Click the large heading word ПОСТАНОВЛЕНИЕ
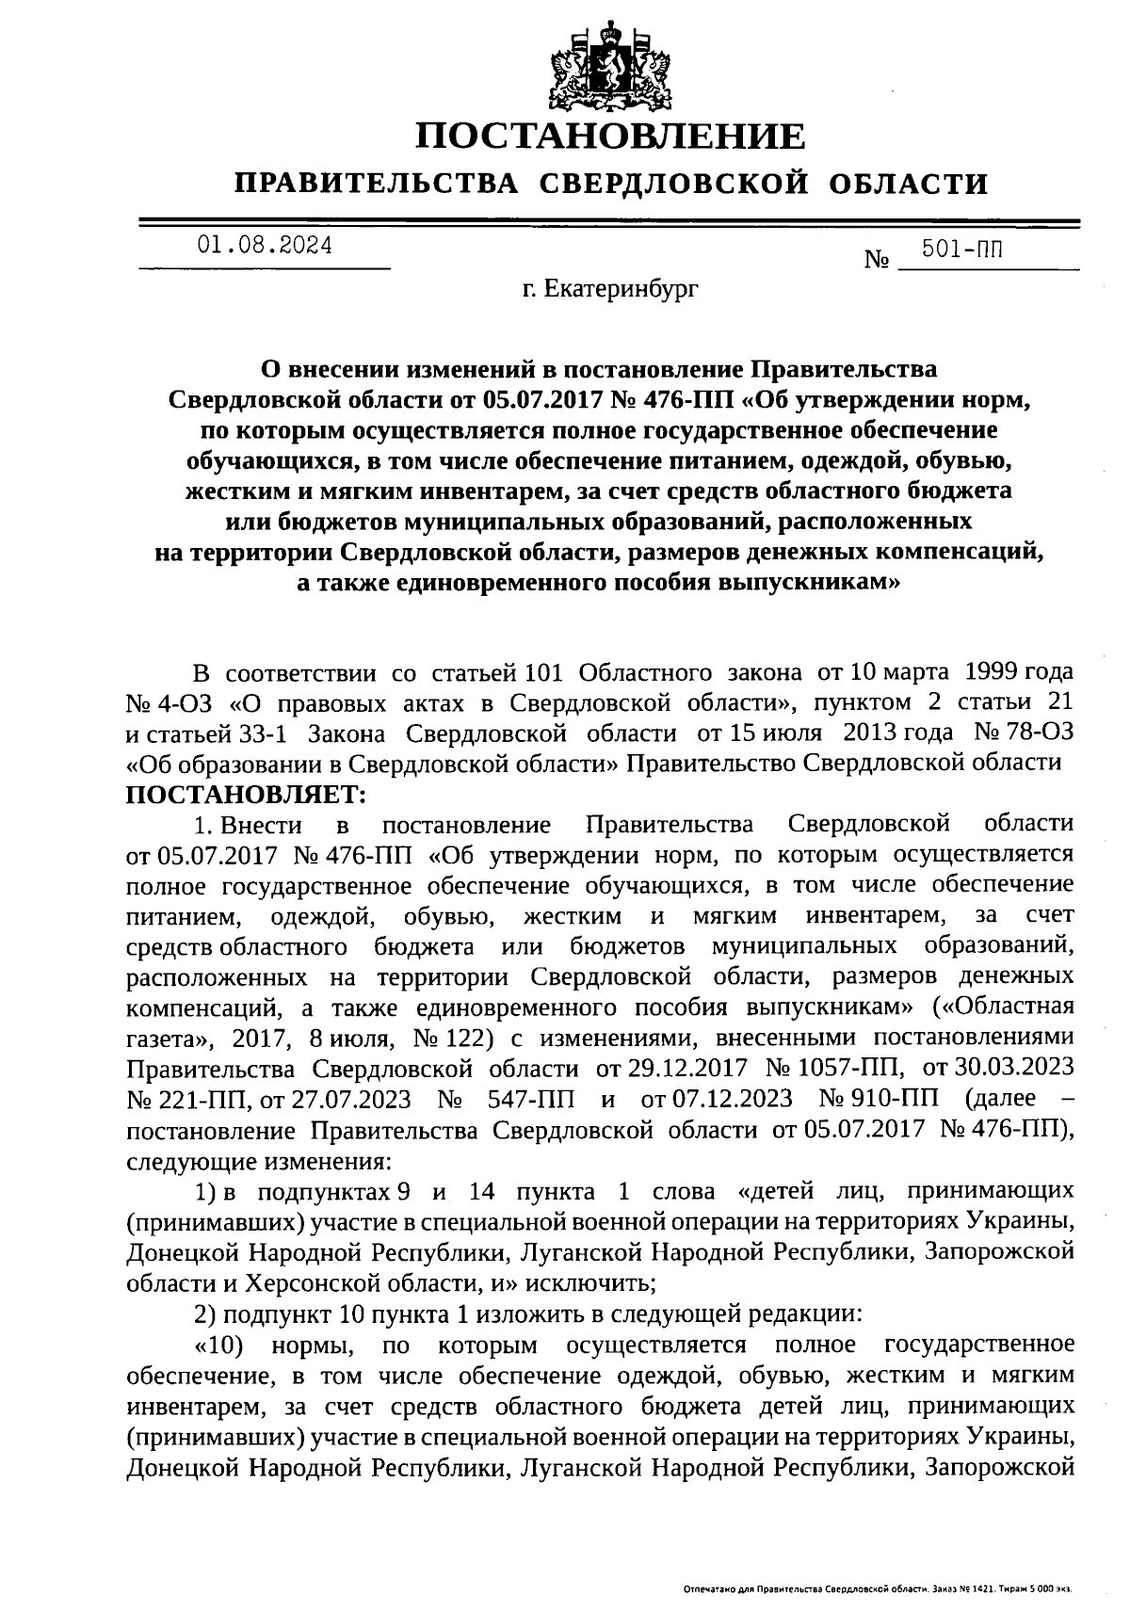(611, 137)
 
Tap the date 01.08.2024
(265, 247)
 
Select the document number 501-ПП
(962, 250)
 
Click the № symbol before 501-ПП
(877, 259)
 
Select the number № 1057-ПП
(838, 1069)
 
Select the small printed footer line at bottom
(878, 1589)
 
